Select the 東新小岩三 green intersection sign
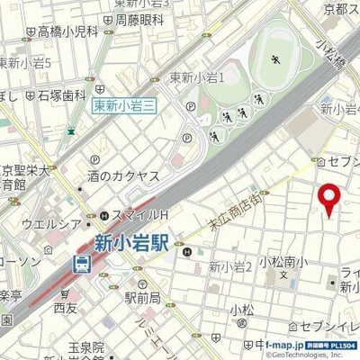click(125, 106)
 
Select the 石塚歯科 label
click(60, 94)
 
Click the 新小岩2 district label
click(229, 265)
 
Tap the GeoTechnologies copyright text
click(310, 355)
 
